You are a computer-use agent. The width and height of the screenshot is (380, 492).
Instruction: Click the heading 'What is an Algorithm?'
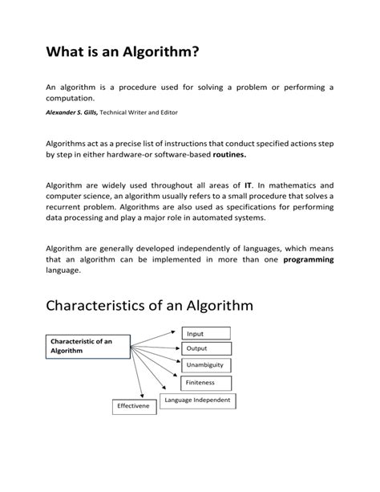tap(121, 54)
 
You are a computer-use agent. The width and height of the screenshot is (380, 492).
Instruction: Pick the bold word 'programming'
tap(309, 260)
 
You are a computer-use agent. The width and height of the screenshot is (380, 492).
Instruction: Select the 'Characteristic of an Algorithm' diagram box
tap(84, 346)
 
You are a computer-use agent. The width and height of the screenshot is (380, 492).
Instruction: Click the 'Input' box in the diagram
tap(205, 333)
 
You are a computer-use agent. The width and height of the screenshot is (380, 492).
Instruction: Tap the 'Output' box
tap(206, 349)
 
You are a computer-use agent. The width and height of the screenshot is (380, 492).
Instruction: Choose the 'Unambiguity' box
tap(207, 366)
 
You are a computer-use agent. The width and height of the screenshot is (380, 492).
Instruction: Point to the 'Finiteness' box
tap(206, 383)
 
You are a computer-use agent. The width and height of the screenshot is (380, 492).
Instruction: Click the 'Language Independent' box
tap(197, 400)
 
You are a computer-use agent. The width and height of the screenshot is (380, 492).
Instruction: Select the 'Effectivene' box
tap(134, 407)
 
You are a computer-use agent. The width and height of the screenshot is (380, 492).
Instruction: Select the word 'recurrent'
tap(67, 206)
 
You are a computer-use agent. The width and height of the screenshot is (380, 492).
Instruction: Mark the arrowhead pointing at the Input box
tap(174, 329)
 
